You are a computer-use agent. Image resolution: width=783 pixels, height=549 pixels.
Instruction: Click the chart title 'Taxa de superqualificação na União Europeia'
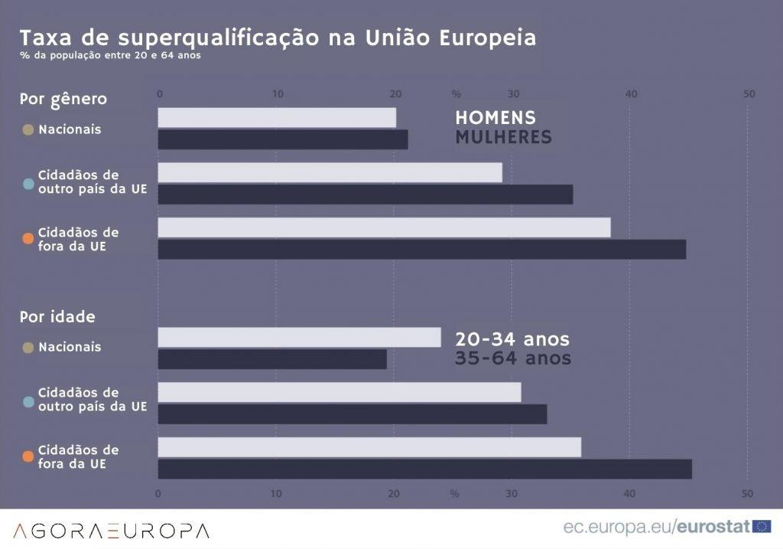pos(277,38)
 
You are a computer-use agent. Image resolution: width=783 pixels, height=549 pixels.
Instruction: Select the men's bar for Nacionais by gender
pos(277,117)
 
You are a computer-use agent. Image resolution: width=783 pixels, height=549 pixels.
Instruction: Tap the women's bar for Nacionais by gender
pos(283,139)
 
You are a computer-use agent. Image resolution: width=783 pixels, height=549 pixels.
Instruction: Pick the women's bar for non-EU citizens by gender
pos(421,250)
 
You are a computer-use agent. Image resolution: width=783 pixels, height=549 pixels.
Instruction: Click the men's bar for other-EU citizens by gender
pos(330,172)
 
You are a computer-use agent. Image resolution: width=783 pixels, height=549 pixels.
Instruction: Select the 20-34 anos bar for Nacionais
pos(299,338)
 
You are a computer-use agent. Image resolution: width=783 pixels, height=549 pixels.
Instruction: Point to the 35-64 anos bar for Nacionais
pos(272,359)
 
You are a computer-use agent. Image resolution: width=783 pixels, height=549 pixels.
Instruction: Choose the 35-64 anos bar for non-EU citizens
pos(424,469)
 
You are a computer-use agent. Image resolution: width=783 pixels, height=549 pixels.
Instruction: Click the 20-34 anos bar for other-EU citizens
pos(339,392)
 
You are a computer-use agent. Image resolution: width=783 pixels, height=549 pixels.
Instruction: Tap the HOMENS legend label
pos(495,118)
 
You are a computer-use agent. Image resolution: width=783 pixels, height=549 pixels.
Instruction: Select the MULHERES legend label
pos(502,137)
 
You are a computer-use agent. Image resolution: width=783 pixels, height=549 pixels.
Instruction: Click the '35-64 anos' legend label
pos(512,358)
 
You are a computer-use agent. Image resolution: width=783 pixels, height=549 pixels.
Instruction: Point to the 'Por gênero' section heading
pos(63,99)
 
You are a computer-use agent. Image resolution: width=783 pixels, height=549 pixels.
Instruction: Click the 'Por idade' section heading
pos(57,317)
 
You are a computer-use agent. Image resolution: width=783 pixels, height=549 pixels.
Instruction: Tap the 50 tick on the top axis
pos(749,93)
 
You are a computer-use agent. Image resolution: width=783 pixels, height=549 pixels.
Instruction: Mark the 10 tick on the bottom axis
pos(276,493)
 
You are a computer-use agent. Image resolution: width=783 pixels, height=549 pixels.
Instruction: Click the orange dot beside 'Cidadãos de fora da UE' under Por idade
pos(28,456)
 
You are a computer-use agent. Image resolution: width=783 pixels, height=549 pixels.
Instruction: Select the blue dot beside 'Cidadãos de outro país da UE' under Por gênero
pos(28,184)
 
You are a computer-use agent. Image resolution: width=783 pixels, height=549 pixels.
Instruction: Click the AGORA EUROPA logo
pos(111,530)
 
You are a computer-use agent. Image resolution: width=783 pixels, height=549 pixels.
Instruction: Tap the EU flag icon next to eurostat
pos(762,526)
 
